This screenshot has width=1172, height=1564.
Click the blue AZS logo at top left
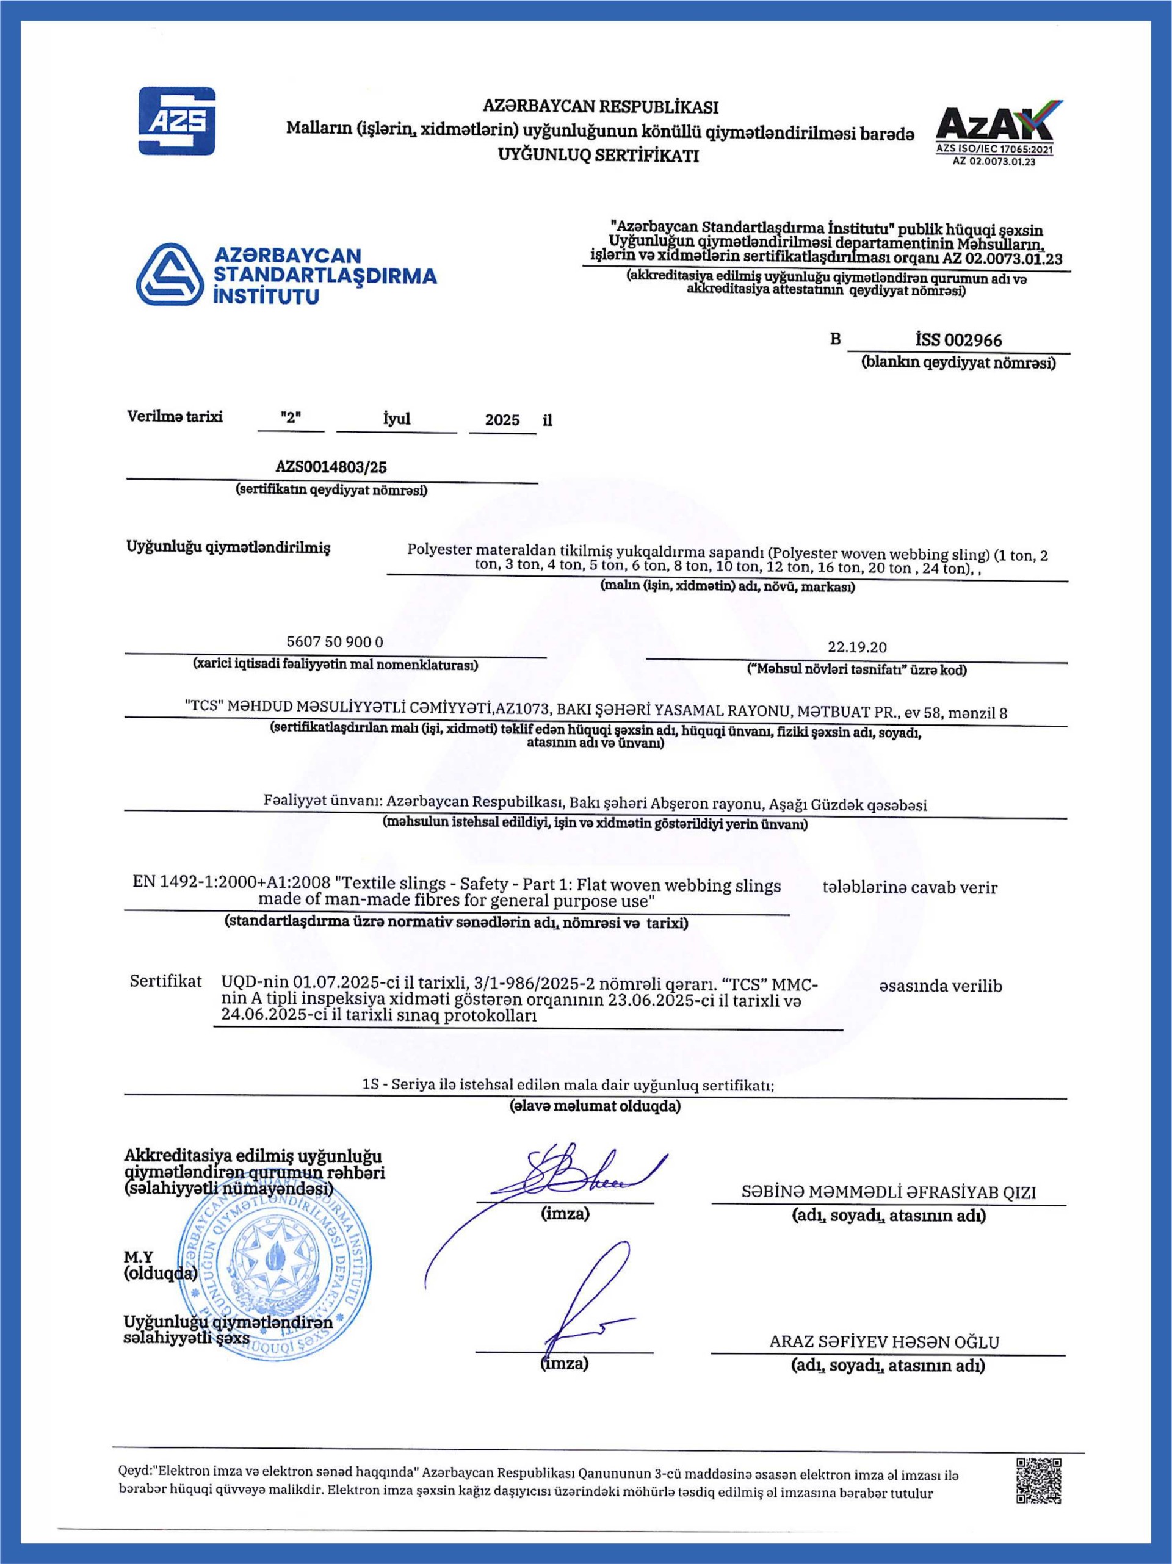176,120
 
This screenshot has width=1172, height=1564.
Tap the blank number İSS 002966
958,340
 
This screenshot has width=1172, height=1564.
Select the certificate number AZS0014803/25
331,467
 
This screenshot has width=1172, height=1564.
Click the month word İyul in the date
396,419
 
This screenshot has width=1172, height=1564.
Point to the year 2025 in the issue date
502,420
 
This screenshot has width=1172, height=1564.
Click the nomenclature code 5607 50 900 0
335,642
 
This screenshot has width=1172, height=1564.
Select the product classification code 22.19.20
857,647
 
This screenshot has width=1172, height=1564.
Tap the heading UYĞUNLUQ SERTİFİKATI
598,156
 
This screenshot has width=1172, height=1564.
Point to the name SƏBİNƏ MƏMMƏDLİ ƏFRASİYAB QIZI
888,1193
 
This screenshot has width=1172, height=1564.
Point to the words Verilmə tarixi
175,416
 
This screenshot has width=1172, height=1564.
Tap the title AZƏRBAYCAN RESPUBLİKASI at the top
600,107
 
